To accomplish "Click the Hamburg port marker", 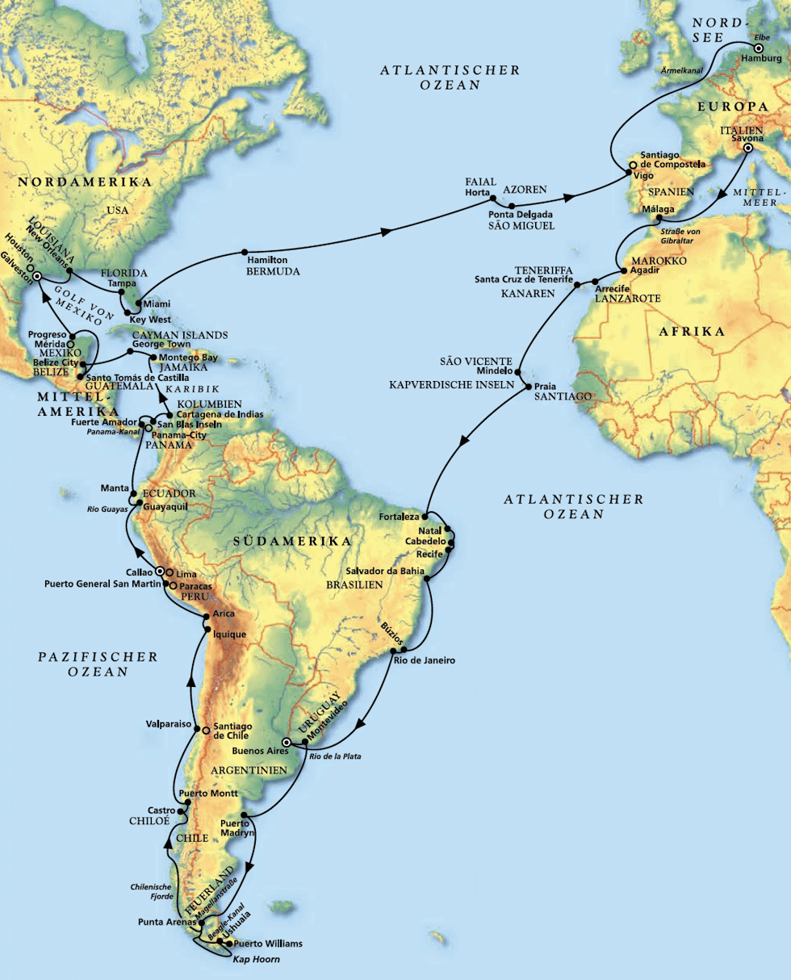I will point(758,48).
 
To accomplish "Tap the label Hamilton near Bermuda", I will point(268,260).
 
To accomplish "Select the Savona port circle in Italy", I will point(747,149).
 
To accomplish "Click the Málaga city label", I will point(657,209).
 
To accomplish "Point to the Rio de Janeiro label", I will point(425,660).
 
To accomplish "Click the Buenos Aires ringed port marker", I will point(286,742).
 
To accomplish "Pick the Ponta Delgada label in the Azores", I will point(521,215).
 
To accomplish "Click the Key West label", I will point(149,319).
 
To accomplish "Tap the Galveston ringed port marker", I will point(37,274).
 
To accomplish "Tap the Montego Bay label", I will point(188,357).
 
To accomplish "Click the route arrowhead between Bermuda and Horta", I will point(386,232).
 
